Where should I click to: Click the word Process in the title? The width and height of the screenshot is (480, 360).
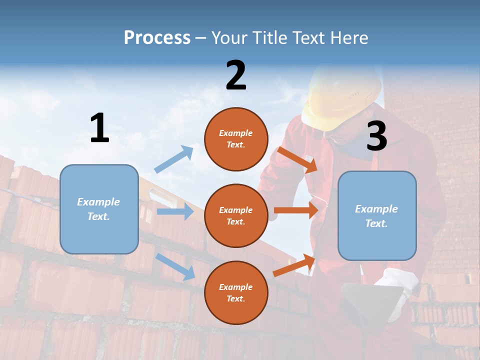[157, 38]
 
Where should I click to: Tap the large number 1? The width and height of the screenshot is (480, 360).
[99, 128]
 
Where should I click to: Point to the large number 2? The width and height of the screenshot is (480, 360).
[236, 75]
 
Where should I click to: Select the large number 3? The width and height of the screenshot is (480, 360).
[376, 136]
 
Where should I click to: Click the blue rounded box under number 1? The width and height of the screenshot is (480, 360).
[99, 209]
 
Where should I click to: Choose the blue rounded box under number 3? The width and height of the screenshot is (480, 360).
[377, 216]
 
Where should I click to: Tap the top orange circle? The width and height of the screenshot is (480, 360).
[236, 139]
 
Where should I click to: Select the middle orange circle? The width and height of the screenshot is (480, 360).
[236, 215]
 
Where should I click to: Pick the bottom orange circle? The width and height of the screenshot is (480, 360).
[236, 292]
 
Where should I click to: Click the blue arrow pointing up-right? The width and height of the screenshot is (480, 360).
[174, 159]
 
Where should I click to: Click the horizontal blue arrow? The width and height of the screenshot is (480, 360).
[175, 211]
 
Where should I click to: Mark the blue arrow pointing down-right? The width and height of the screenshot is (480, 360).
[175, 266]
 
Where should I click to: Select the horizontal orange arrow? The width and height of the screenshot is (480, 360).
[296, 210]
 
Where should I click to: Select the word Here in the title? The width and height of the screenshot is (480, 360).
[348, 38]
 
